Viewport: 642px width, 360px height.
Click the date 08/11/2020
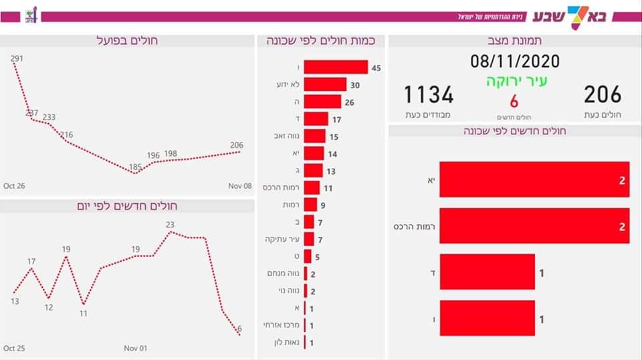(514, 62)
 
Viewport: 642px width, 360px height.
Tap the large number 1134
(428, 95)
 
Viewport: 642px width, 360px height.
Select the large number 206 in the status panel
(602, 95)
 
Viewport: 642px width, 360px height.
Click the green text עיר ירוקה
(514, 82)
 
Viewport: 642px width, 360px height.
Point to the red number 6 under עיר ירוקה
(514, 101)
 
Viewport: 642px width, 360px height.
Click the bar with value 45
(336, 68)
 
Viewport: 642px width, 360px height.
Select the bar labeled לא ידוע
(325, 84)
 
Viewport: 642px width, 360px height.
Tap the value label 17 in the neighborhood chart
(337, 119)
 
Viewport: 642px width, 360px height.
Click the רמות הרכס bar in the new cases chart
(534, 227)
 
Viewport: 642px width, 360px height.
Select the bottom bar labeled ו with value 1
(487, 319)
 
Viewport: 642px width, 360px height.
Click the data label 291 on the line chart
(17, 59)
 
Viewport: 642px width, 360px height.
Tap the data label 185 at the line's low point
(135, 167)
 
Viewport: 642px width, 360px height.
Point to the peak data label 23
(170, 225)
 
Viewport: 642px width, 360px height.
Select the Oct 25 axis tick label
(13, 349)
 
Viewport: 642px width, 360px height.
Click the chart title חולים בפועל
(127, 41)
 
